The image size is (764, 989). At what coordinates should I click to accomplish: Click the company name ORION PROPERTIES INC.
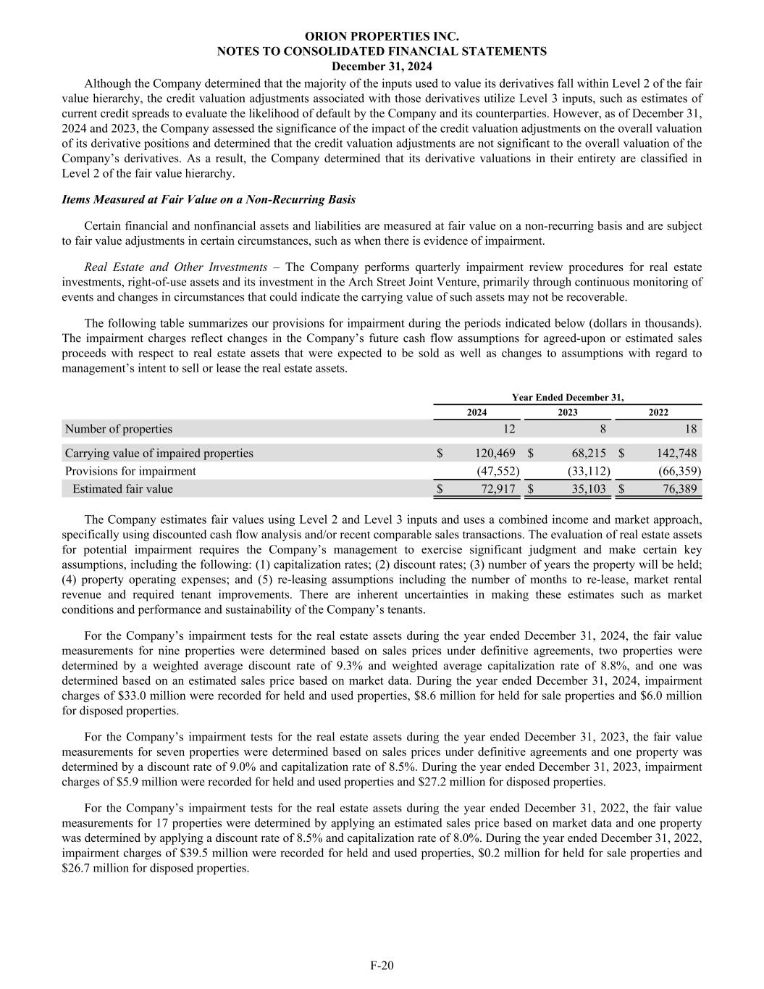[x=382, y=36]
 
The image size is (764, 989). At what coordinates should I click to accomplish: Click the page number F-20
[x=382, y=965]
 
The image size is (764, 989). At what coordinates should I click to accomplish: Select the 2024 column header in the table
[x=477, y=412]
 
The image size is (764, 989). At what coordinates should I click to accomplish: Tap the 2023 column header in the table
[x=568, y=412]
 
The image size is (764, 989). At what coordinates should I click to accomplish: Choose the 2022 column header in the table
[x=658, y=412]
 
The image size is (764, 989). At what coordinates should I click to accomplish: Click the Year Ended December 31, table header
[x=567, y=397]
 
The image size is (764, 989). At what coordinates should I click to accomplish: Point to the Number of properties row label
[x=119, y=429]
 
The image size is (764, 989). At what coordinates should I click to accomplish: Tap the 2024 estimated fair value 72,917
[x=498, y=489]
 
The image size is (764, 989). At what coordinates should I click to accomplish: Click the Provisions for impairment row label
[x=130, y=471]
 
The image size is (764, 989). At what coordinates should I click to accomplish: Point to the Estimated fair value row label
[x=122, y=489]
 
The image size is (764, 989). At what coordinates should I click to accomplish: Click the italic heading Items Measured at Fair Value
[x=209, y=199]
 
